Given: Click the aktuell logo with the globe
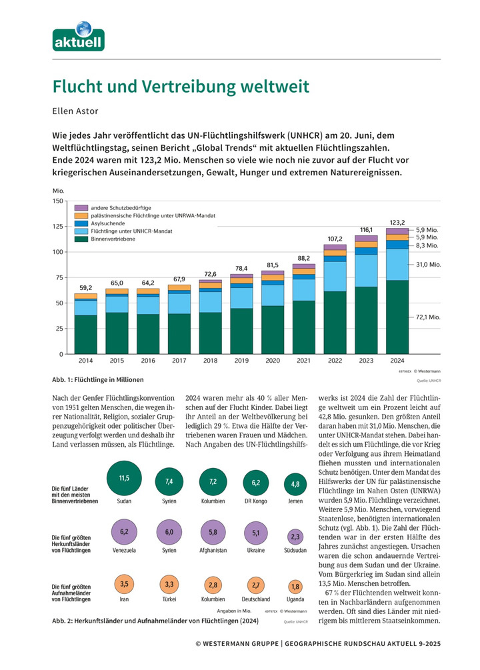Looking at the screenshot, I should click(x=79, y=37).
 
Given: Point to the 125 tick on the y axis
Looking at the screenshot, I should click(x=58, y=227).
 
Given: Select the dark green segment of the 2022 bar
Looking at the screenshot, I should click(x=335, y=323).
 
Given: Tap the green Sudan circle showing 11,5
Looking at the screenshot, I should click(x=124, y=479).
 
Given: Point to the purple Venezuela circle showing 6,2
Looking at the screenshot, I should click(x=124, y=532).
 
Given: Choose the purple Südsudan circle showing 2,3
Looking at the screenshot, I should click(x=296, y=537).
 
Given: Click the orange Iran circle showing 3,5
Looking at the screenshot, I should click(x=124, y=585).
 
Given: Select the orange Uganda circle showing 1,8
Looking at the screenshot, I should click(x=296, y=587).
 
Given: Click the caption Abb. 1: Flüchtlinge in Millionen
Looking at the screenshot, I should click(x=97, y=379).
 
